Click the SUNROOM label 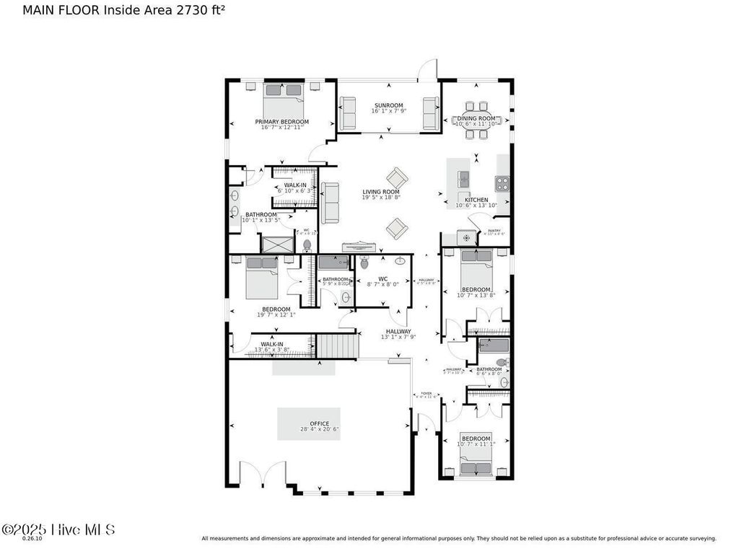point(388,105)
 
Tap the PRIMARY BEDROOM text point(281,122)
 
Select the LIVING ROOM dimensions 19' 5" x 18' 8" point(381,198)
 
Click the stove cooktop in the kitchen point(502,183)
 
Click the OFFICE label point(319,423)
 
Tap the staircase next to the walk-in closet point(338,345)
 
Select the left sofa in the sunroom point(348,113)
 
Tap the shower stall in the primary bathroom point(277,244)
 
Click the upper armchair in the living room point(397,177)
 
